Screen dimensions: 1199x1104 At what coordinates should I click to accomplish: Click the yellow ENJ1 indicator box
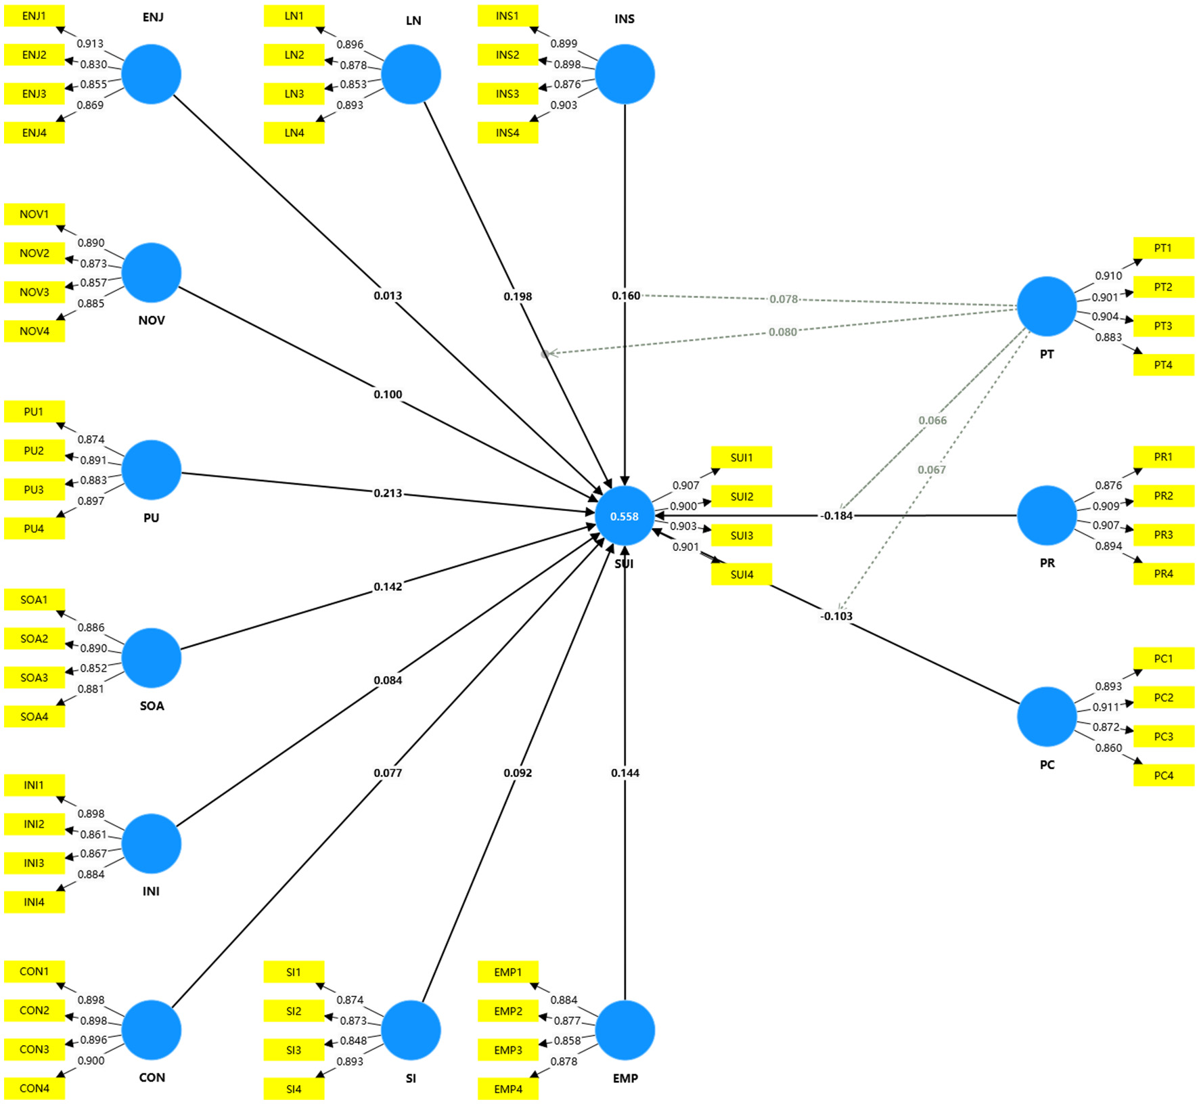pyautogui.click(x=35, y=16)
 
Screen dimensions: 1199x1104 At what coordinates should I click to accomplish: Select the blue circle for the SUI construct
pyautogui.click(x=625, y=516)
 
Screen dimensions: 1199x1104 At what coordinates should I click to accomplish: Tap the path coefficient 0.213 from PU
pyautogui.click(x=388, y=493)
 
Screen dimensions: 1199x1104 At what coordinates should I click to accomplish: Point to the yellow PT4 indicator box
pyautogui.click(x=1164, y=365)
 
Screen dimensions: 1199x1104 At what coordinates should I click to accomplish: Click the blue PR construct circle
pyautogui.click(x=1047, y=515)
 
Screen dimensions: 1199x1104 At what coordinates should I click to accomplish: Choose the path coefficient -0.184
pyautogui.click(x=836, y=516)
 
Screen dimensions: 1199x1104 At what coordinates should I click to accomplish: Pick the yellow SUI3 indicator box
pyautogui.click(x=742, y=535)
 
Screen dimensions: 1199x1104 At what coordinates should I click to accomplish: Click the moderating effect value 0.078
pyautogui.click(x=784, y=299)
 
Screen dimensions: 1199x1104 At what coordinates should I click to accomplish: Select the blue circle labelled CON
pyautogui.click(x=152, y=1030)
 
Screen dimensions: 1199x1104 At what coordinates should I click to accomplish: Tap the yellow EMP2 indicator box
pyautogui.click(x=508, y=1011)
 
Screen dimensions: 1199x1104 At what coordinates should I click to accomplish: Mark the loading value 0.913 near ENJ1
pyautogui.click(x=90, y=43)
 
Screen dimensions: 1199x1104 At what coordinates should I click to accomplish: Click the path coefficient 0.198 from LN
pyautogui.click(x=518, y=296)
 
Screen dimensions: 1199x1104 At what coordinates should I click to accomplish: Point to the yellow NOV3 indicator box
pyautogui.click(x=35, y=292)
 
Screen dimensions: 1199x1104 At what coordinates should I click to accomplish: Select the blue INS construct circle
pyautogui.click(x=625, y=74)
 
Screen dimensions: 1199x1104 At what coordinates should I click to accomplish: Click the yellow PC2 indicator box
pyautogui.click(x=1164, y=697)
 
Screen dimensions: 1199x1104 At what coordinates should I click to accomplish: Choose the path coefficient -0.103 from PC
pyautogui.click(x=836, y=616)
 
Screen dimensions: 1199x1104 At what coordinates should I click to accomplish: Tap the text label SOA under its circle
pyautogui.click(x=152, y=706)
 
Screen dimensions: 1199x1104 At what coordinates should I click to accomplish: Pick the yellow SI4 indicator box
pyautogui.click(x=294, y=1089)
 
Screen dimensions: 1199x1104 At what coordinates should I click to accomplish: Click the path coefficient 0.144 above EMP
pyautogui.click(x=625, y=772)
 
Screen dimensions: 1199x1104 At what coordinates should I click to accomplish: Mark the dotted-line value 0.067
pyautogui.click(x=932, y=470)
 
